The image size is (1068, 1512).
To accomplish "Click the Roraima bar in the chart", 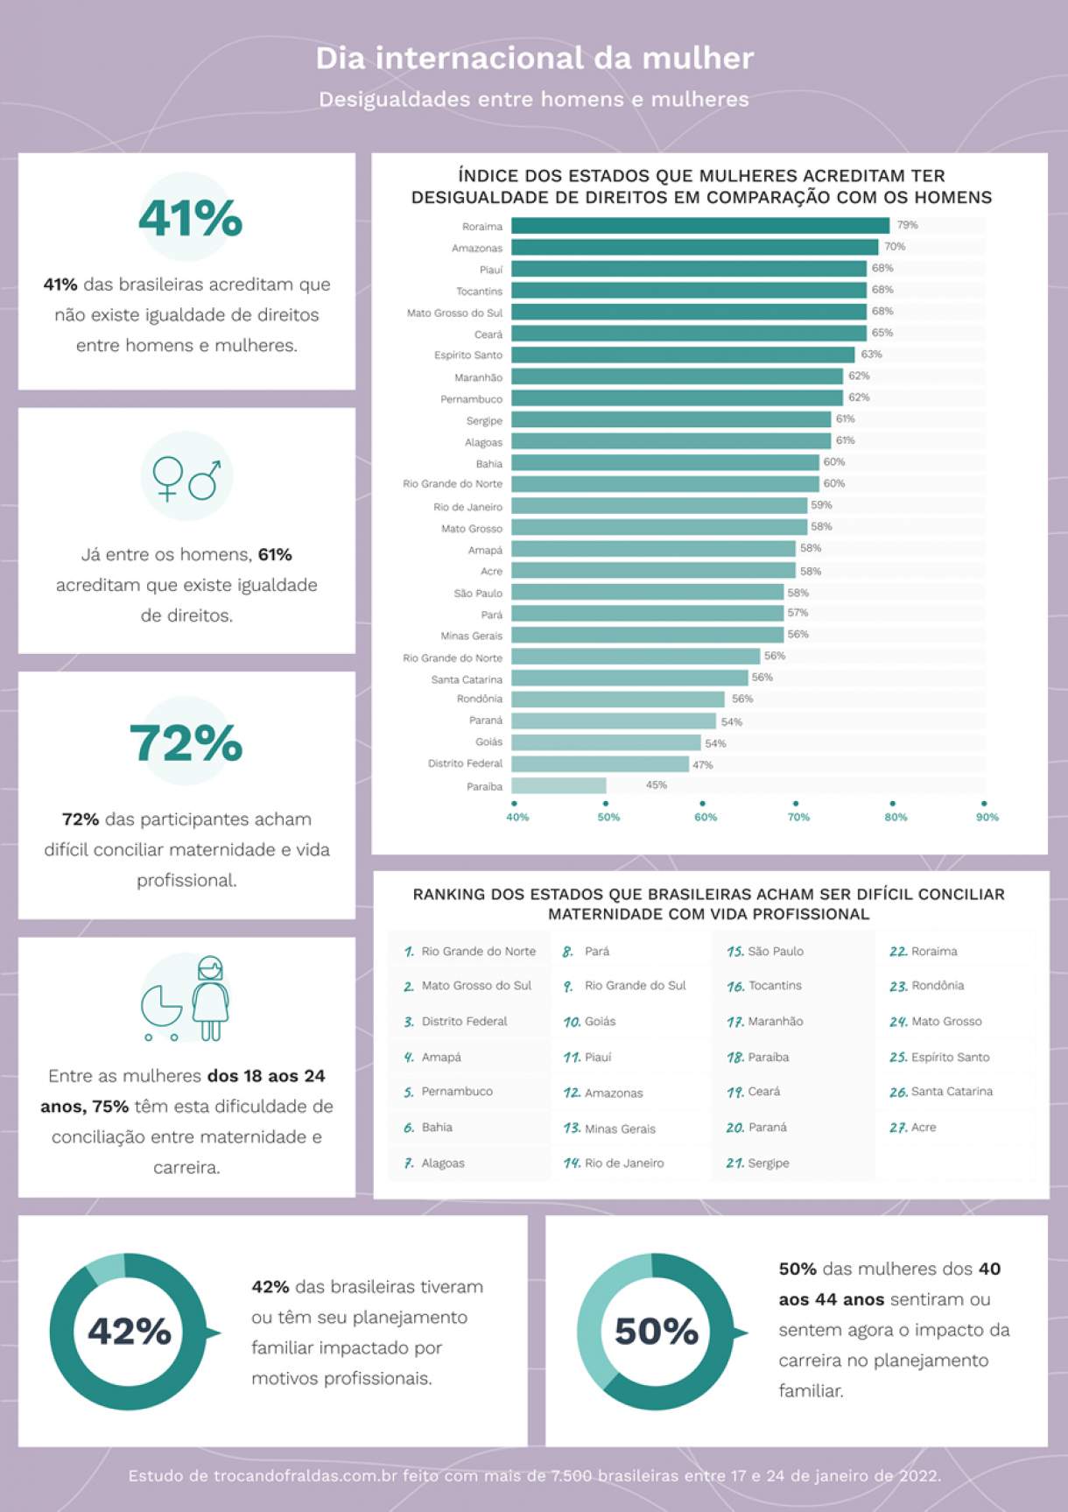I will click(x=700, y=226).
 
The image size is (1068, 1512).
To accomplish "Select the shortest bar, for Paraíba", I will click(x=559, y=785).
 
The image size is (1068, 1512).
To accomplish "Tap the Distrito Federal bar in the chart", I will click(x=600, y=764).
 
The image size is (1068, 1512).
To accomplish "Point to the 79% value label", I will click(x=907, y=225).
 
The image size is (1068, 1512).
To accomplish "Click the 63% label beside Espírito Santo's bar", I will click(x=871, y=355).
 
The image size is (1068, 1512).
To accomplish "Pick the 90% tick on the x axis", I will click(x=987, y=817).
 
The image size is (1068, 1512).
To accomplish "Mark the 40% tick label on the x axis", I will click(x=517, y=817).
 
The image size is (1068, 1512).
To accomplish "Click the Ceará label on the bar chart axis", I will click(x=488, y=334).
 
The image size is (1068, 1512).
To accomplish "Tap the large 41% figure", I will click(x=190, y=218).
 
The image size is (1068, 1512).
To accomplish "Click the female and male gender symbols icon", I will click(x=186, y=478).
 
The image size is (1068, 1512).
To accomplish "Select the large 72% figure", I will click(x=186, y=743).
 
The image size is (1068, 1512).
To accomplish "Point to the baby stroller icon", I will click(x=161, y=1012).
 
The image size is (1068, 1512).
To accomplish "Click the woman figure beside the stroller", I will click(x=210, y=998).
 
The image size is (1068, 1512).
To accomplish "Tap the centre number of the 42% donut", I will click(x=130, y=1332).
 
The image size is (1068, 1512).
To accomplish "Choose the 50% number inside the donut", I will click(x=657, y=1332).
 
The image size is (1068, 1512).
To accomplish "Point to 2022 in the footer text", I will click(x=920, y=1475).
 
